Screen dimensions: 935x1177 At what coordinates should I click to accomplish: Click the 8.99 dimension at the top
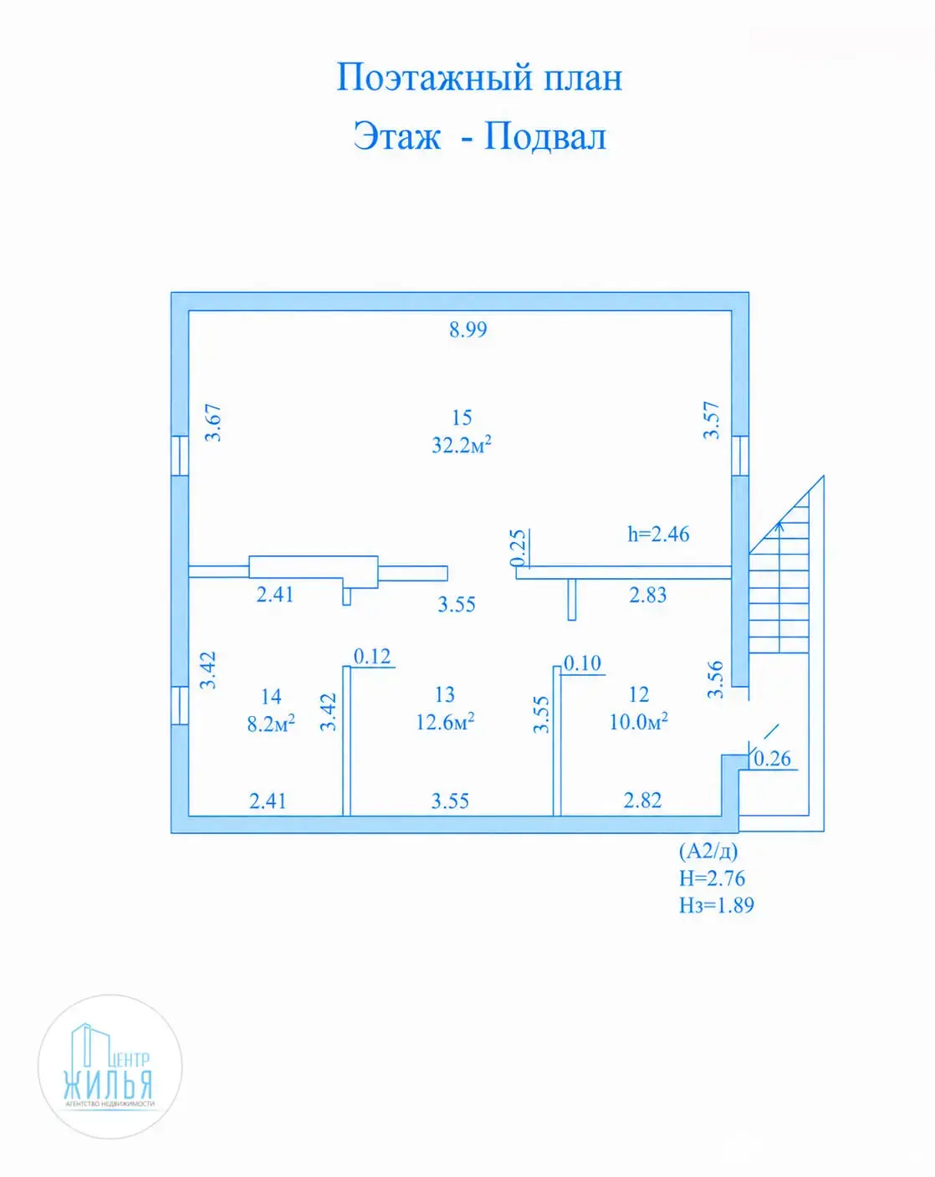pyautogui.click(x=468, y=330)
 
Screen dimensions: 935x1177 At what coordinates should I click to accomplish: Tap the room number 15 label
pyautogui.click(x=462, y=418)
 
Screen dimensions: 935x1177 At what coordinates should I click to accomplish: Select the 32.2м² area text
pyautogui.click(x=462, y=445)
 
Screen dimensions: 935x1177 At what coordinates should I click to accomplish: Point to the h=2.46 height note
pyautogui.click(x=658, y=534)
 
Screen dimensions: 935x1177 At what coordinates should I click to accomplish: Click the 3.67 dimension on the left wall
pyautogui.click(x=213, y=422)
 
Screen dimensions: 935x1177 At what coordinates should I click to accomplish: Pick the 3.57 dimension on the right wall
pyautogui.click(x=712, y=421)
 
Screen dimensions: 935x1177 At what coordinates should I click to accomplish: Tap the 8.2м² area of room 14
pyautogui.click(x=271, y=724)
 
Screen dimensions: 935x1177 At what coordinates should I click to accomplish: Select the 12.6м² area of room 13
pyautogui.click(x=445, y=722)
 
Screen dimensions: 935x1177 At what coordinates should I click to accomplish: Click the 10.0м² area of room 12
pyautogui.click(x=639, y=722)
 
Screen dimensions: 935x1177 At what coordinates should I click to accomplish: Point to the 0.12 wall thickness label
pyautogui.click(x=372, y=657)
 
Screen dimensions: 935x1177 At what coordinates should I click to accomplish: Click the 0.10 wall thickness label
pyautogui.click(x=582, y=663)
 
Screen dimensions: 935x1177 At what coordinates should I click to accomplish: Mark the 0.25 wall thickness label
pyautogui.click(x=517, y=547)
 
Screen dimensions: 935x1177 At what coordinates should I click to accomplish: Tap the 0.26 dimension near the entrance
pyautogui.click(x=773, y=759)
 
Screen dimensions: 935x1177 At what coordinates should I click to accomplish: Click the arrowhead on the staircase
pyautogui.click(x=779, y=526)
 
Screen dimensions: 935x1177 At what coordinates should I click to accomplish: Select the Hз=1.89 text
pyautogui.click(x=716, y=905)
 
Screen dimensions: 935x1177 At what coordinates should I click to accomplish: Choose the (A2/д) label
pyautogui.click(x=708, y=851)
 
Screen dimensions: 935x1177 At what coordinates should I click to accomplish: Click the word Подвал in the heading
pyautogui.click(x=545, y=136)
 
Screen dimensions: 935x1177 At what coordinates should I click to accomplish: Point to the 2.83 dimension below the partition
pyautogui.click(x=648, y=595)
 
